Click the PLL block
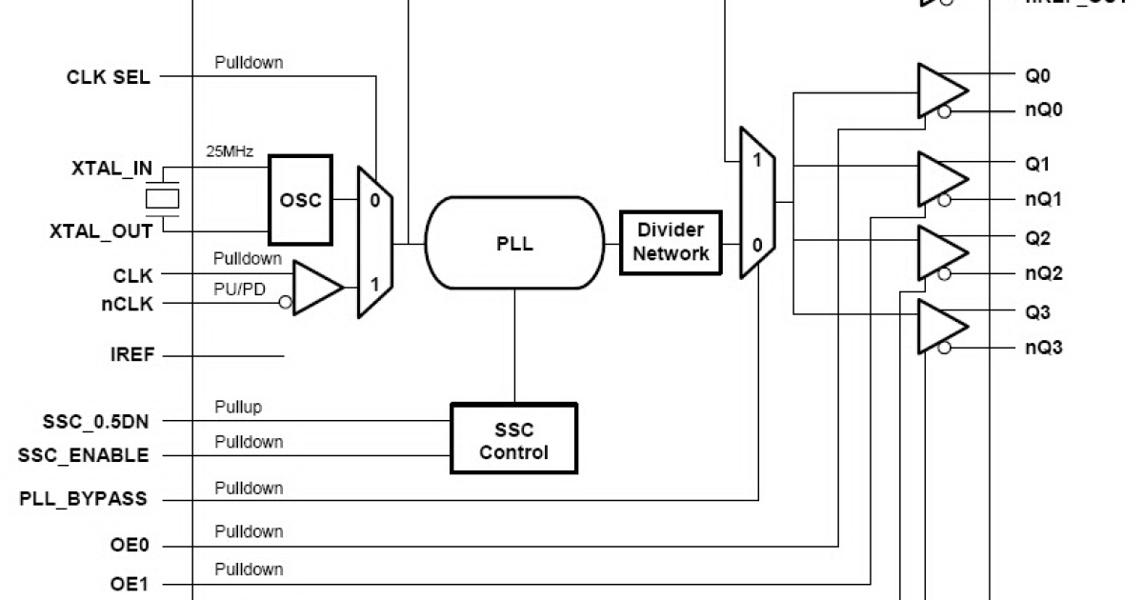pyautogui.click(x=514, y=244)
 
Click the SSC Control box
pyautogui.click(x=513, y=441)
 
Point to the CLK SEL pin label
pyautogui.click(x=108, y=78)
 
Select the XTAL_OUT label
pyautogui.click(x=98, y=232)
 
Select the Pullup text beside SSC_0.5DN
pyautogui.click(x=237, y=408)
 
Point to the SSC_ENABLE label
pyautogui.click(x=84, y=455)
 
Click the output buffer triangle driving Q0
pyautogui.click(x=939, y=91)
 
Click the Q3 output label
pyautogui.click(x=1037, y=312)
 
